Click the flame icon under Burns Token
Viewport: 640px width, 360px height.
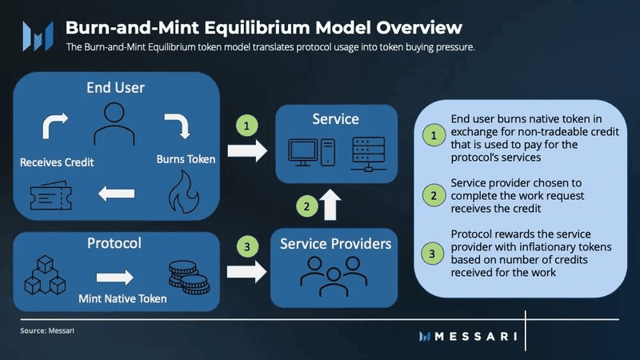185,192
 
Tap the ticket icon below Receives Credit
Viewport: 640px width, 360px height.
51,195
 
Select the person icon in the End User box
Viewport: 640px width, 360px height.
114,124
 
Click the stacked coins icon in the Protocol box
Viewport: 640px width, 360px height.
189,277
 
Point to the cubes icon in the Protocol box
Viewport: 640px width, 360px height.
45,275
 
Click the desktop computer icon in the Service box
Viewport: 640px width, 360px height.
312,152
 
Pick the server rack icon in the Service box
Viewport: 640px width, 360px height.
368,154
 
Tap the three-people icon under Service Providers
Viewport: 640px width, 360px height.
334,276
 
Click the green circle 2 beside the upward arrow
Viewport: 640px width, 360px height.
307,206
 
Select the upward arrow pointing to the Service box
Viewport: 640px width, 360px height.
330,205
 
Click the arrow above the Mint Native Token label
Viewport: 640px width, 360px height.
114,277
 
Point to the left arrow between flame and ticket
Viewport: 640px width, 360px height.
116,194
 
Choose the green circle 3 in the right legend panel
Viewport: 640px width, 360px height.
433,254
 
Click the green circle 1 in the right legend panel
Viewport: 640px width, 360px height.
434,135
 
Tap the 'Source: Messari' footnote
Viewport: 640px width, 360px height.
47,330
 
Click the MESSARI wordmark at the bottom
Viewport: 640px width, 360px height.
476,336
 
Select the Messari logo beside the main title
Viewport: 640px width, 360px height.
38,36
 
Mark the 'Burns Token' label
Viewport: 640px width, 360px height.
186,159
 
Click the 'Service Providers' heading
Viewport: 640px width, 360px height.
335,244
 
